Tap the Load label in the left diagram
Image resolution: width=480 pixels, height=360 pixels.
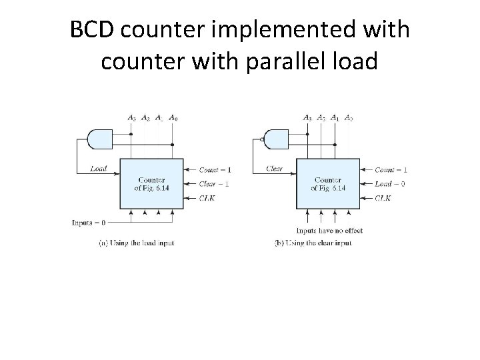[98, 168]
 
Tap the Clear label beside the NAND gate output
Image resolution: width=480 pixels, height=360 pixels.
[274, 168]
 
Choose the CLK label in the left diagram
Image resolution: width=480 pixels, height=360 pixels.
[207, 197]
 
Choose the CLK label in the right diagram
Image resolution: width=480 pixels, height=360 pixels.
[383, 197]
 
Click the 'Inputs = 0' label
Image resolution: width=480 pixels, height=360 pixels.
[89, 222]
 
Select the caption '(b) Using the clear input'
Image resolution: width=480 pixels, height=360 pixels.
[313, 243]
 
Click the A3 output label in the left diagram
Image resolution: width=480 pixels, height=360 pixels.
[131, 118]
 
